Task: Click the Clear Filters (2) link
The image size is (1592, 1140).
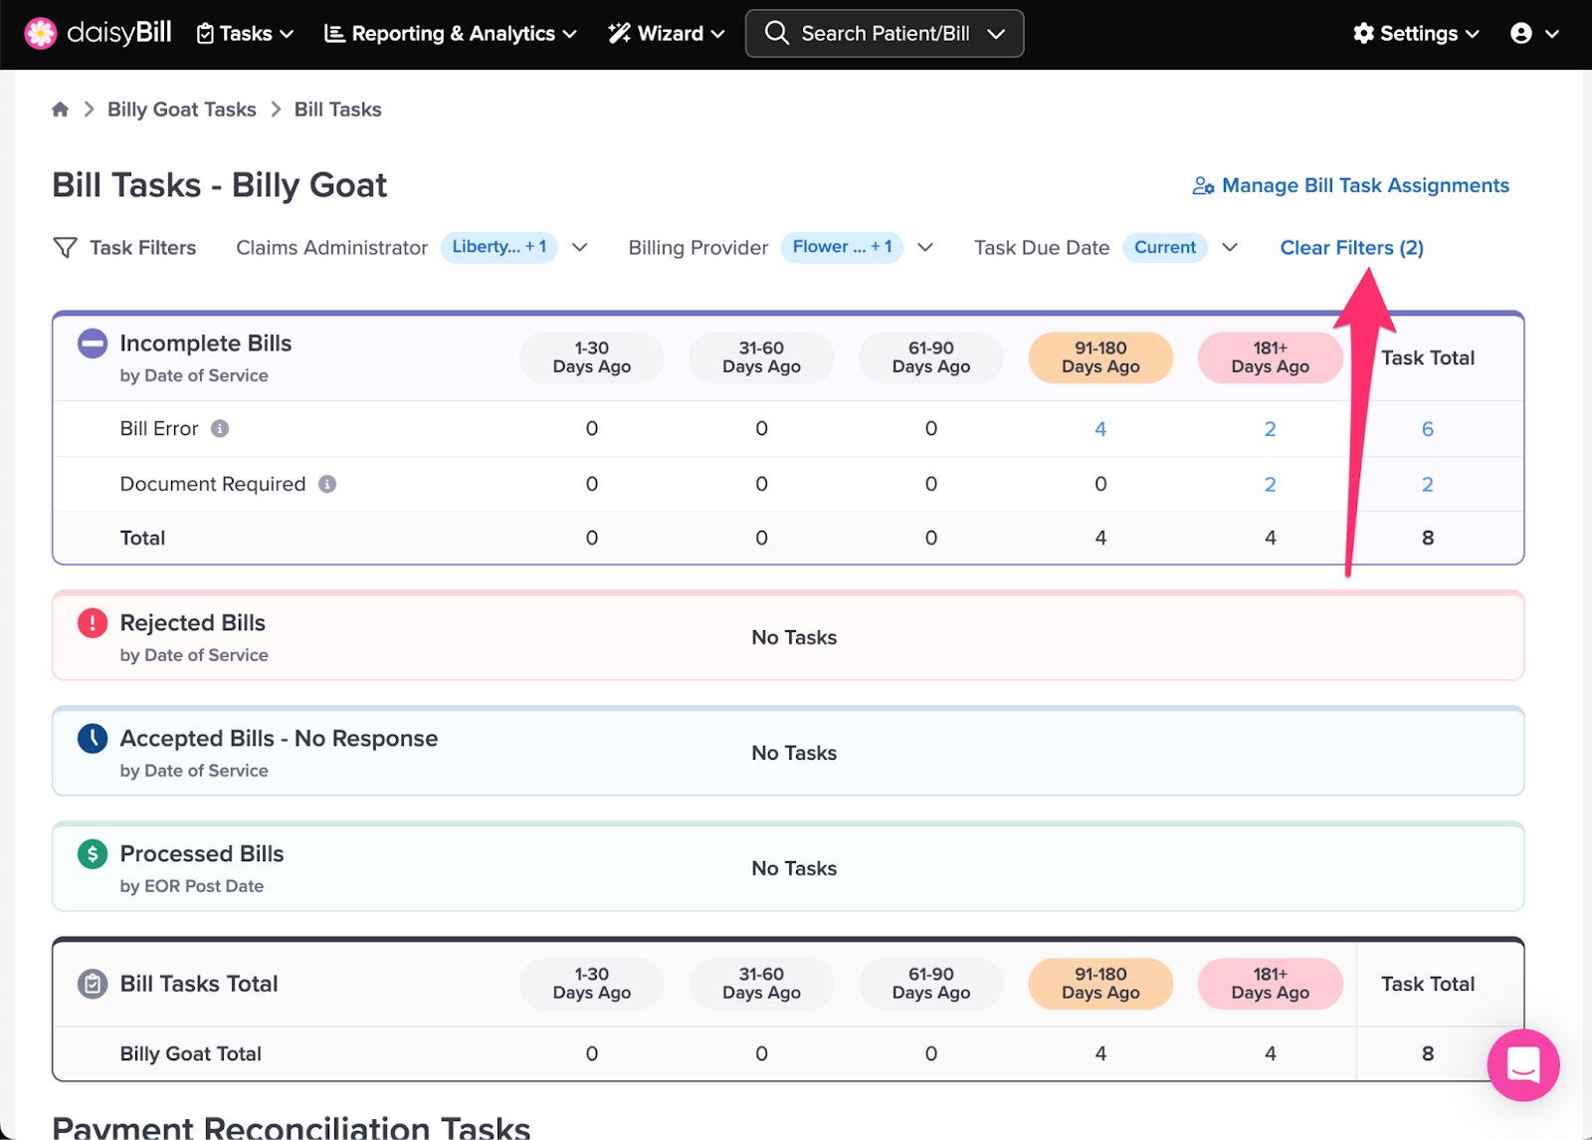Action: coord(1351,248)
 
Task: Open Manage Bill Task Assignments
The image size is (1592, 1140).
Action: coord(1350,185)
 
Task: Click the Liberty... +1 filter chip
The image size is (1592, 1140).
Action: coord(498,248)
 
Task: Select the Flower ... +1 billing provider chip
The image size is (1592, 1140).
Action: coord(842,248)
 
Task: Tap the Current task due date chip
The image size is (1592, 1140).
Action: coord(1165,248)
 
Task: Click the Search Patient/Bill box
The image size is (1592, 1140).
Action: coord(885,34)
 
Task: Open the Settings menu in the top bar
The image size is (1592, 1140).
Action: coord(1416,34)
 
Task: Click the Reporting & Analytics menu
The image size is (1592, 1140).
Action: coord(450,34)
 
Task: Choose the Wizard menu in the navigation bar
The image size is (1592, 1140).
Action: coord(666,34)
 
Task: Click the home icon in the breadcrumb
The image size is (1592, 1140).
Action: coord(61,109)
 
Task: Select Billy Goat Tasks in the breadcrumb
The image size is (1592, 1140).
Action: coord(181,110)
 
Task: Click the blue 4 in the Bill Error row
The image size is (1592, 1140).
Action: coord(1100,429)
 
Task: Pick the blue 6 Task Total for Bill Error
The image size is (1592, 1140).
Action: coord(1427,429)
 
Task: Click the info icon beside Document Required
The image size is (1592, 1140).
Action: coord(327,484)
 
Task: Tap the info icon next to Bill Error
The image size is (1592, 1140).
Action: coord(220,429)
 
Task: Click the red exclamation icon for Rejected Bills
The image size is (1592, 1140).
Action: coord(93,623)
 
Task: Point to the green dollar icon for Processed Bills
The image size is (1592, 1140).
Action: coord(93,854)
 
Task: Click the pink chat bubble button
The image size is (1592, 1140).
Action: coord(1523,1064)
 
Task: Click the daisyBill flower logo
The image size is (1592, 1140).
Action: coord(41,34)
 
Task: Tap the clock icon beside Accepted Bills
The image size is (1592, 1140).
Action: coord(93,738)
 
